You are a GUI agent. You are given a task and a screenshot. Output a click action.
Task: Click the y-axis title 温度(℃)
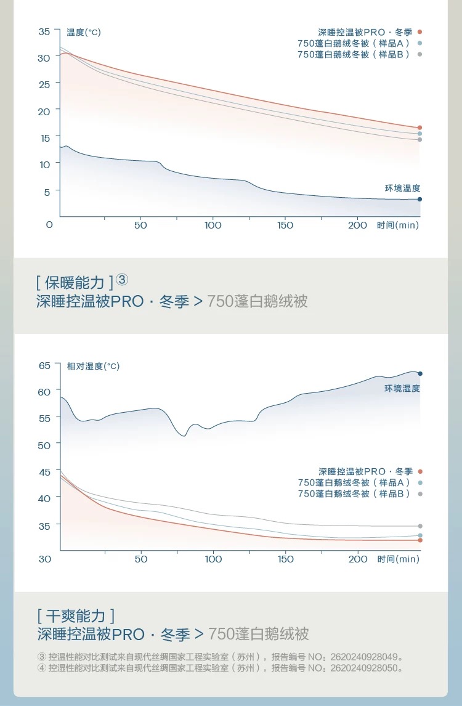click(84, 32)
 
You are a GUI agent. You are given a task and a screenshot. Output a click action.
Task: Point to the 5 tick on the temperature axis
click(46, 192)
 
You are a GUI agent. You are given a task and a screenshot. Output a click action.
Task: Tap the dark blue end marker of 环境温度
click(420, 199)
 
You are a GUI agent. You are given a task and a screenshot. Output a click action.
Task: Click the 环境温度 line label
click(402, 188)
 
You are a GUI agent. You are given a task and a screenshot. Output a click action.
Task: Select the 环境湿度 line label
click(402, 388)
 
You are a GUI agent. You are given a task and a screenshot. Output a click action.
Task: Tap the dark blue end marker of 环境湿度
click(420, 373)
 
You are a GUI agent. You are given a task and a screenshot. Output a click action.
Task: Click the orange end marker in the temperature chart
click(420, 128)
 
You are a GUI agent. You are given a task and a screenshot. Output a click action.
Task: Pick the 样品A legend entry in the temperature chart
click(354, 43)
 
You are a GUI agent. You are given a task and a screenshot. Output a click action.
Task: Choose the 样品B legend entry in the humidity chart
click(354, 493)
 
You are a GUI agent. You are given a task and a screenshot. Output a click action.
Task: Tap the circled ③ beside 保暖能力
click(122, 280)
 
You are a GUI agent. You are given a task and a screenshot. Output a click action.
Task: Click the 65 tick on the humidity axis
click(45, 365)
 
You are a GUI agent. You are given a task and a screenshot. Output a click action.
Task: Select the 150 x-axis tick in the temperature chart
click(285, 225)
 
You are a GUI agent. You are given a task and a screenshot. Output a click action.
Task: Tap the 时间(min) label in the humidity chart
click(398, 559)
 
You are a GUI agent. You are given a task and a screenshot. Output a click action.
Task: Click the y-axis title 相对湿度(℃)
click(93, 366)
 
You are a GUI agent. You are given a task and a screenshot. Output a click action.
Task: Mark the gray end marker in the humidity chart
click(420, 526)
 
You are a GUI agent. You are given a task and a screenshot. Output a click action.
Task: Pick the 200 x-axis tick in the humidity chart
click(357, 559)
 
